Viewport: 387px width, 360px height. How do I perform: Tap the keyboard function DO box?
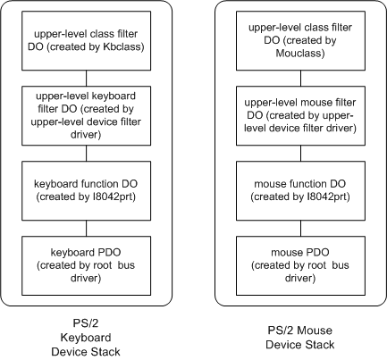click(x=88, y=188)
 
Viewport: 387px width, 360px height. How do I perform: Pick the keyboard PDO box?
click(x=88, y=259)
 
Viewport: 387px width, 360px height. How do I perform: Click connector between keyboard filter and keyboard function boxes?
click(x=88, y=152)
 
